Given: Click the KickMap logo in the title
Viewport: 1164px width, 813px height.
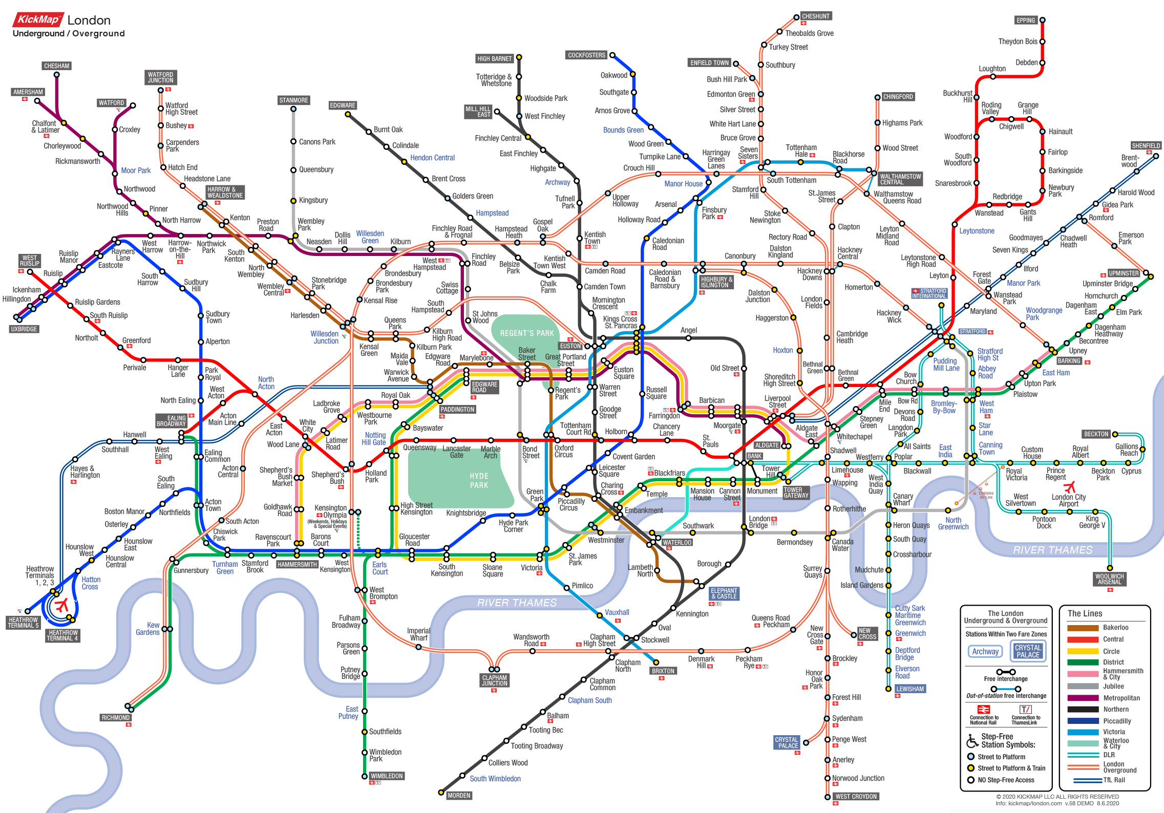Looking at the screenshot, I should coord(38,19).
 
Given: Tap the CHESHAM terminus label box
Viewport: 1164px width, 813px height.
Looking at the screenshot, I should coord(56,66).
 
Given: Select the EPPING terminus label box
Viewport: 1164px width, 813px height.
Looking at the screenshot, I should coord(1026,20).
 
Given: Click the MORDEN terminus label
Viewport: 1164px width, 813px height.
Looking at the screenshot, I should coord(458,796).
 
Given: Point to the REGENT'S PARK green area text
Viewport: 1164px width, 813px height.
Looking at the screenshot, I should coord(527,333).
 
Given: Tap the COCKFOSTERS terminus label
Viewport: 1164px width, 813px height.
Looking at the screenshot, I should coord(586,55).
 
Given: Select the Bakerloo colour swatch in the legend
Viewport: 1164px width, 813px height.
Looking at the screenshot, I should coord(1083,628).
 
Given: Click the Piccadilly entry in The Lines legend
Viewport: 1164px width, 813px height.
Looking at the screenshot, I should coord(1116,721).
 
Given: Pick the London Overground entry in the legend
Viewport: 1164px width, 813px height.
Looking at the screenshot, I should coord(1119,767).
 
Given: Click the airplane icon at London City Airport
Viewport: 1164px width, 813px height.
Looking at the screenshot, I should coord(1069,487).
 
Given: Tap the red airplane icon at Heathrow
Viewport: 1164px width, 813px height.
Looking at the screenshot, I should coord(62,605).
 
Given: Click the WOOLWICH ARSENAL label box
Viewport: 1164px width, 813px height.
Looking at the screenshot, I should coord(1109,579).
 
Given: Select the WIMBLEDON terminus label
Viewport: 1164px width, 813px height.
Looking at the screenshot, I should coord(387,776).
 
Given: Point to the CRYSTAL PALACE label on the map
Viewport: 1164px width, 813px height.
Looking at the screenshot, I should coord(786,743).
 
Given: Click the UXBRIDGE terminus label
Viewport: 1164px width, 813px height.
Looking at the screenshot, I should coord(24,329).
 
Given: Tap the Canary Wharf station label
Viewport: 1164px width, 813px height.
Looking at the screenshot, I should coord(902,499).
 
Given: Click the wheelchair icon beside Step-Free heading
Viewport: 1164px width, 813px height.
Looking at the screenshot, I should coord(972,741).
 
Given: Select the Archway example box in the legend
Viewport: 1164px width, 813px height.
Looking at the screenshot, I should coord(985,652).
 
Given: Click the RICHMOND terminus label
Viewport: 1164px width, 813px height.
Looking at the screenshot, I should coord(115,718).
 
